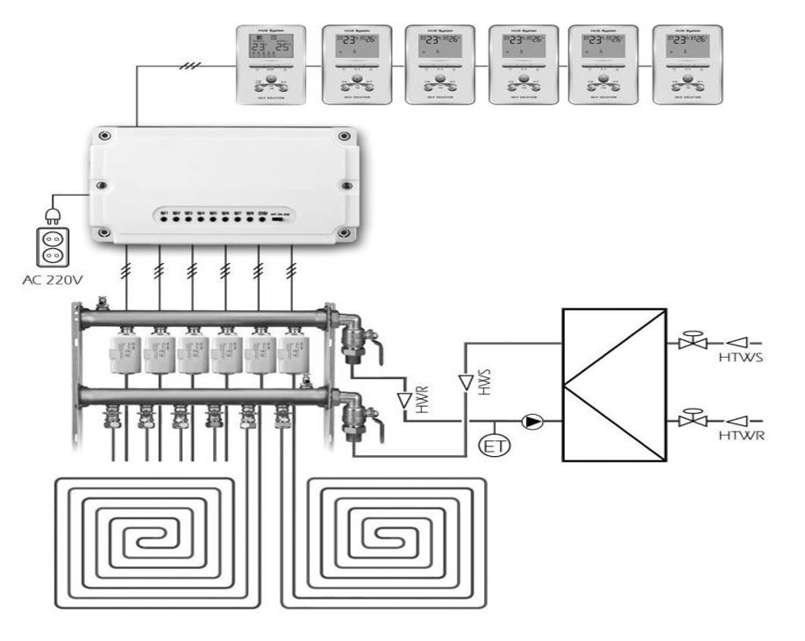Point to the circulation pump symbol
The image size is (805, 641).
coord(531,422)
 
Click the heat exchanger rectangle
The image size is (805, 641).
coord(613,383)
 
